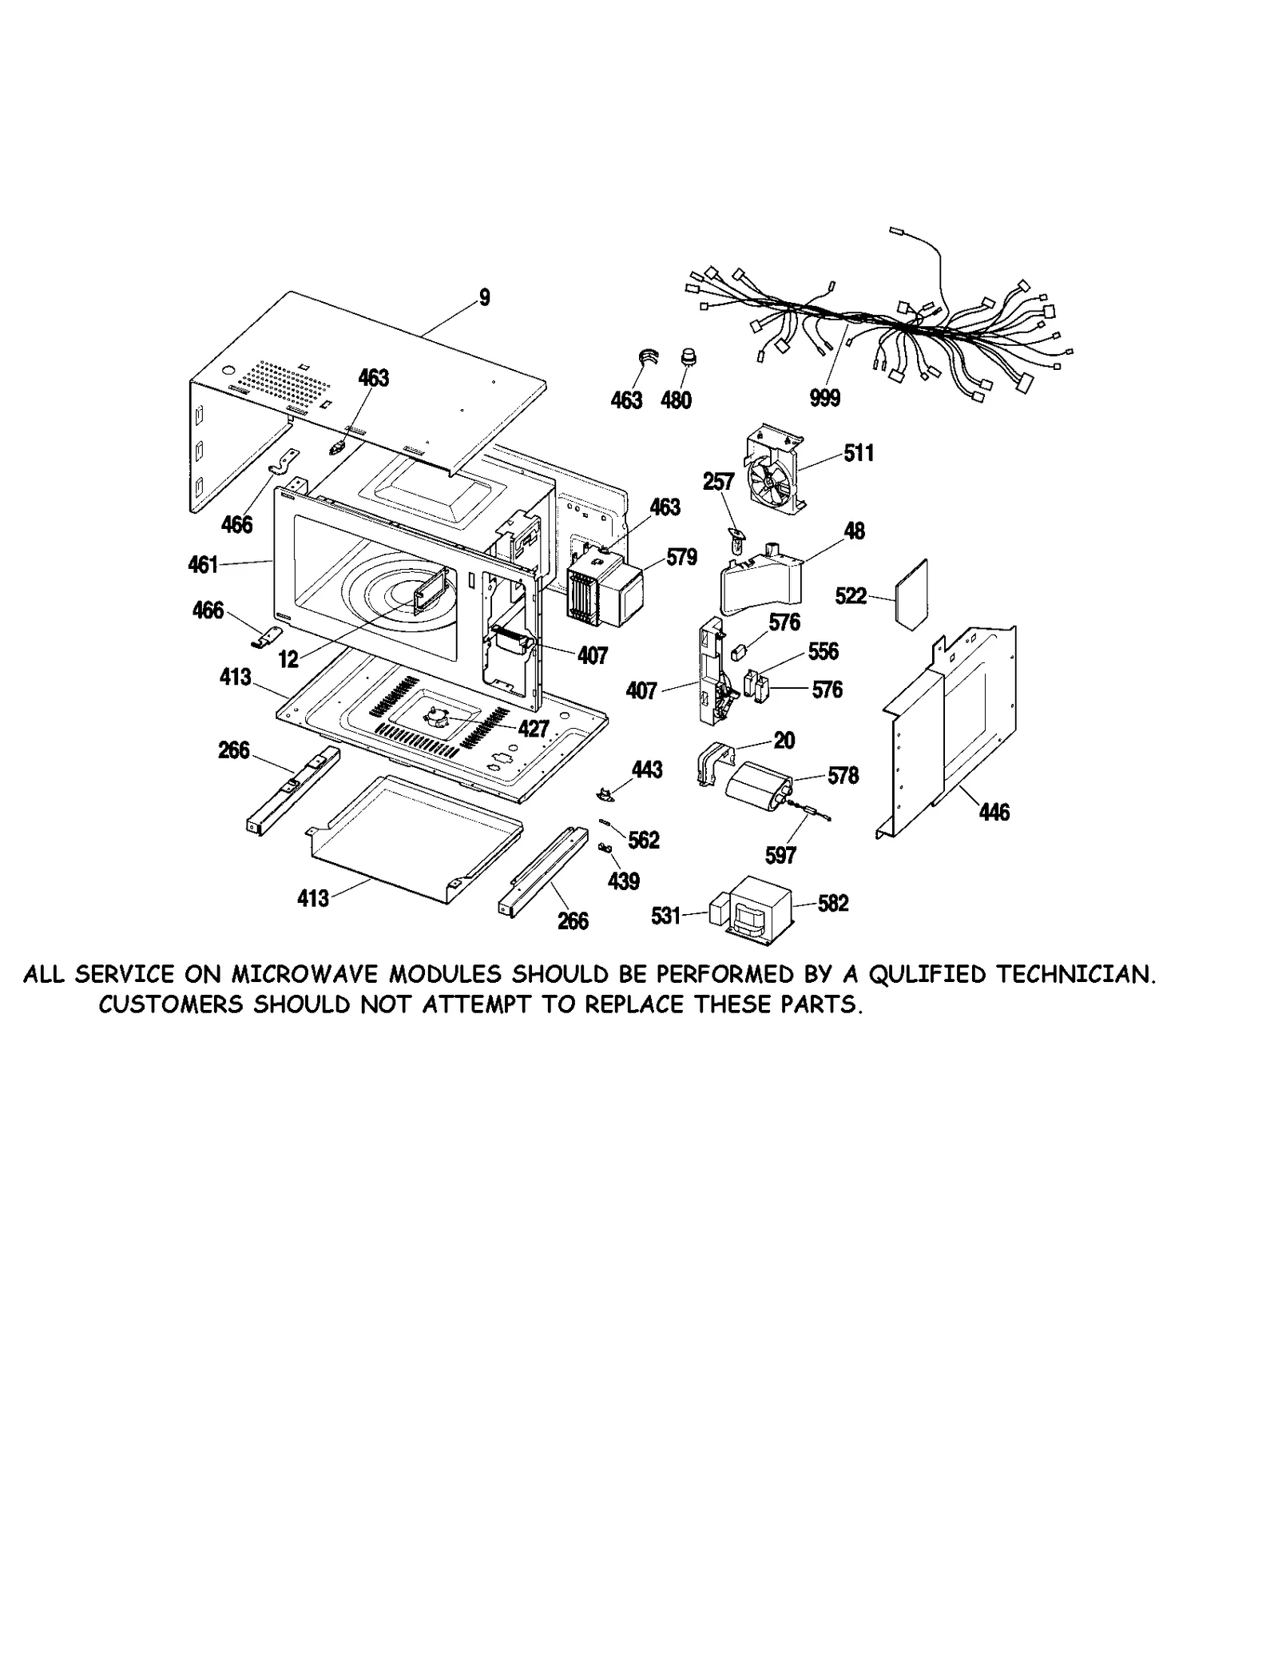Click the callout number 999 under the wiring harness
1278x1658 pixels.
click(824, 398)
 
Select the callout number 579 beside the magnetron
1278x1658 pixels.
click(681, 557)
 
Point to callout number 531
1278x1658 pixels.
click(665, 916)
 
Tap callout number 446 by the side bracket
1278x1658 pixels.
click(994, 813)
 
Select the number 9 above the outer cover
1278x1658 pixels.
click(484, 298)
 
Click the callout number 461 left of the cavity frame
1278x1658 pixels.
click(203, 565)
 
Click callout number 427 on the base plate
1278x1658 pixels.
click(533, 728)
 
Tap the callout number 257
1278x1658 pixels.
click(718, 482)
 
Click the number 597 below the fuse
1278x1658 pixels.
click(780, 855)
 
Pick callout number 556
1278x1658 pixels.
click(823, 651)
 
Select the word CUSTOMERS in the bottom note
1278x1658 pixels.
click(170, 1004)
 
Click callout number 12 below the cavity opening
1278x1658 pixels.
click(288, 659)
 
